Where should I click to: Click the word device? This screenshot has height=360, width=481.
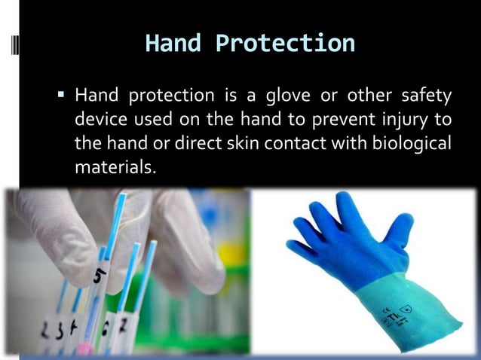pos(99,120)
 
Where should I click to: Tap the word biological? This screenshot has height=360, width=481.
pos(410,142)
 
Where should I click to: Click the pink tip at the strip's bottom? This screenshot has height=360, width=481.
pos(84,349)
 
